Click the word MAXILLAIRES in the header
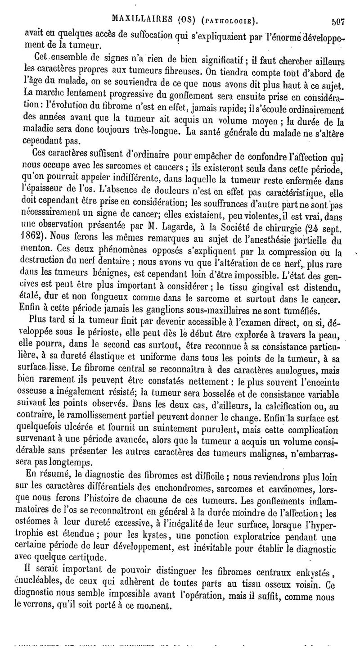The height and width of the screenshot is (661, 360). point(138,20)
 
